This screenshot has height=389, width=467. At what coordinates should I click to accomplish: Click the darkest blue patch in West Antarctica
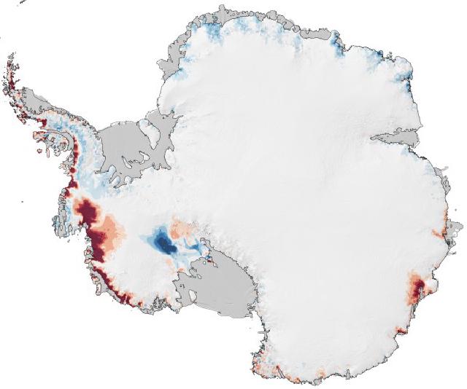(166, 244)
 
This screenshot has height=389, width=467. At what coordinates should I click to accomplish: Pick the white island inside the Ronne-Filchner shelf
(152, 133)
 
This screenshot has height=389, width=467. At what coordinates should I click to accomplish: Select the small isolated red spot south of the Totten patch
(400, 331)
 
